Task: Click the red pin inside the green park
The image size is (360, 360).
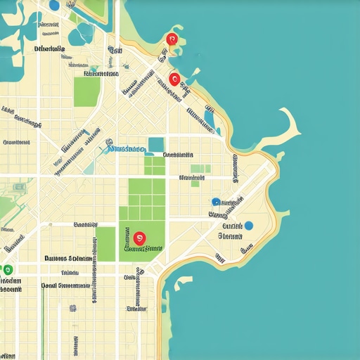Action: point(139,239)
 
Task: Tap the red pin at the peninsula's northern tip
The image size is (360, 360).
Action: point(171,40)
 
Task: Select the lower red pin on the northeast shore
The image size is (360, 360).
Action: point(174,79)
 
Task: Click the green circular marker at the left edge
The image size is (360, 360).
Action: point(8,269)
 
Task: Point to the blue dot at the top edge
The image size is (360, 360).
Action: point(54,5)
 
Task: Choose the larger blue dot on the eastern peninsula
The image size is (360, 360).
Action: point(247,226)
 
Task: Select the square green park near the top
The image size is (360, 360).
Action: point(87,91)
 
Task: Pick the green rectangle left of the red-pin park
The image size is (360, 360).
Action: point(105,243)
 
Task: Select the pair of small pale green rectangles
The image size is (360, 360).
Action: point(200,168)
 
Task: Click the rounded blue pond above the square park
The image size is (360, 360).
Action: point(84,32)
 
